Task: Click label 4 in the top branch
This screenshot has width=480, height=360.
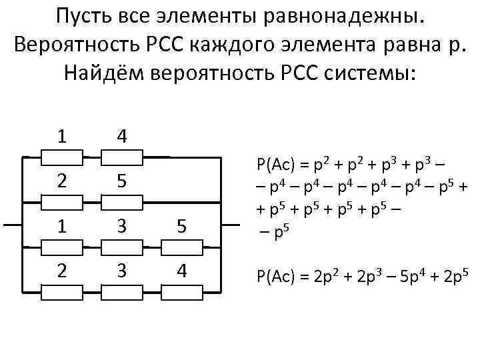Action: [x=121, y=137]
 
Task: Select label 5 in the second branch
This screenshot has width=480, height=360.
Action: [x=121, y=181]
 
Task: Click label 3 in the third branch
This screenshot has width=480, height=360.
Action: [x=121, y=227]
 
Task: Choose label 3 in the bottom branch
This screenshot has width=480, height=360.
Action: [x=121, y=272]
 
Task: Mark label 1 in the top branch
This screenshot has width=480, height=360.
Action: [x=61, y=137]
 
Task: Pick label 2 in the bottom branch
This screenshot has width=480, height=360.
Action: [x=61, y=272]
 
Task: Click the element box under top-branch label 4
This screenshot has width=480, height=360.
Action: [x=121, y=158]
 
